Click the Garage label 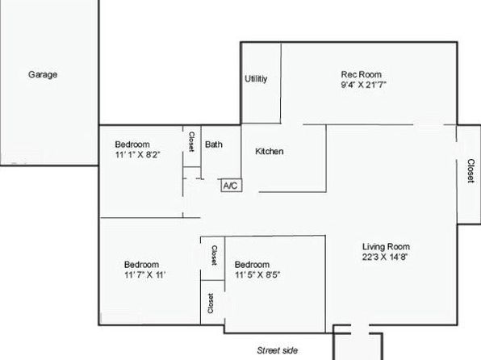tap(43, 74)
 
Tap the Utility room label tap(256, 79)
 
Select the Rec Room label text tap(362, 74)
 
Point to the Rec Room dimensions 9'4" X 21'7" tap(363, 85)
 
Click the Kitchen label tap(270, 151)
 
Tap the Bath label tap(214, 144)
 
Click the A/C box tap(232, 186)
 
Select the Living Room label tap(386, 246)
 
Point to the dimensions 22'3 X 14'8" tap(385, 257)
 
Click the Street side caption tap(278, 350)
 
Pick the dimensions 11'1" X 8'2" tap(138, 154)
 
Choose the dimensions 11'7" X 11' tap(144, 274)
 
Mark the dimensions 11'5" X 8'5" tap(257, 274)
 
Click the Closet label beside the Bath tap(191, 141)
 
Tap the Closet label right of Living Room tap(471, 170)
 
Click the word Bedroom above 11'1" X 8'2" tap(132, 144)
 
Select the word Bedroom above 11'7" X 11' tap(141, 264)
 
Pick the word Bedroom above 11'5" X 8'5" tap(252, 264)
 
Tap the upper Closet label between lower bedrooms tap(215, 255)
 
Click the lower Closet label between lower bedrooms tap(211, 303)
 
